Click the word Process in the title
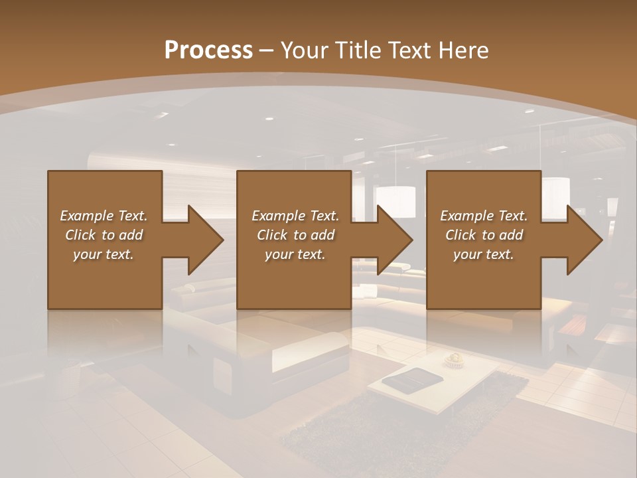[x=208, y=50]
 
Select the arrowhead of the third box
[x=585, y=240]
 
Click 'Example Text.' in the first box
[x=104, y=216]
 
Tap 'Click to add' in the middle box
[x=295, y=235]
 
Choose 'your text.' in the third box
[x=483, y=254]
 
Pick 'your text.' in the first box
[x=104, y=254]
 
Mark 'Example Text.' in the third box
[x=483, y=216]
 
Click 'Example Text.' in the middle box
[x=295, y=216]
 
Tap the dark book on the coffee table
[x=412, y=379]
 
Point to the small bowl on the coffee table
[x=455, y=359]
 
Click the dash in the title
[x=266, y=50]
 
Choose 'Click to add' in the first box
[x=104, y=235]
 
